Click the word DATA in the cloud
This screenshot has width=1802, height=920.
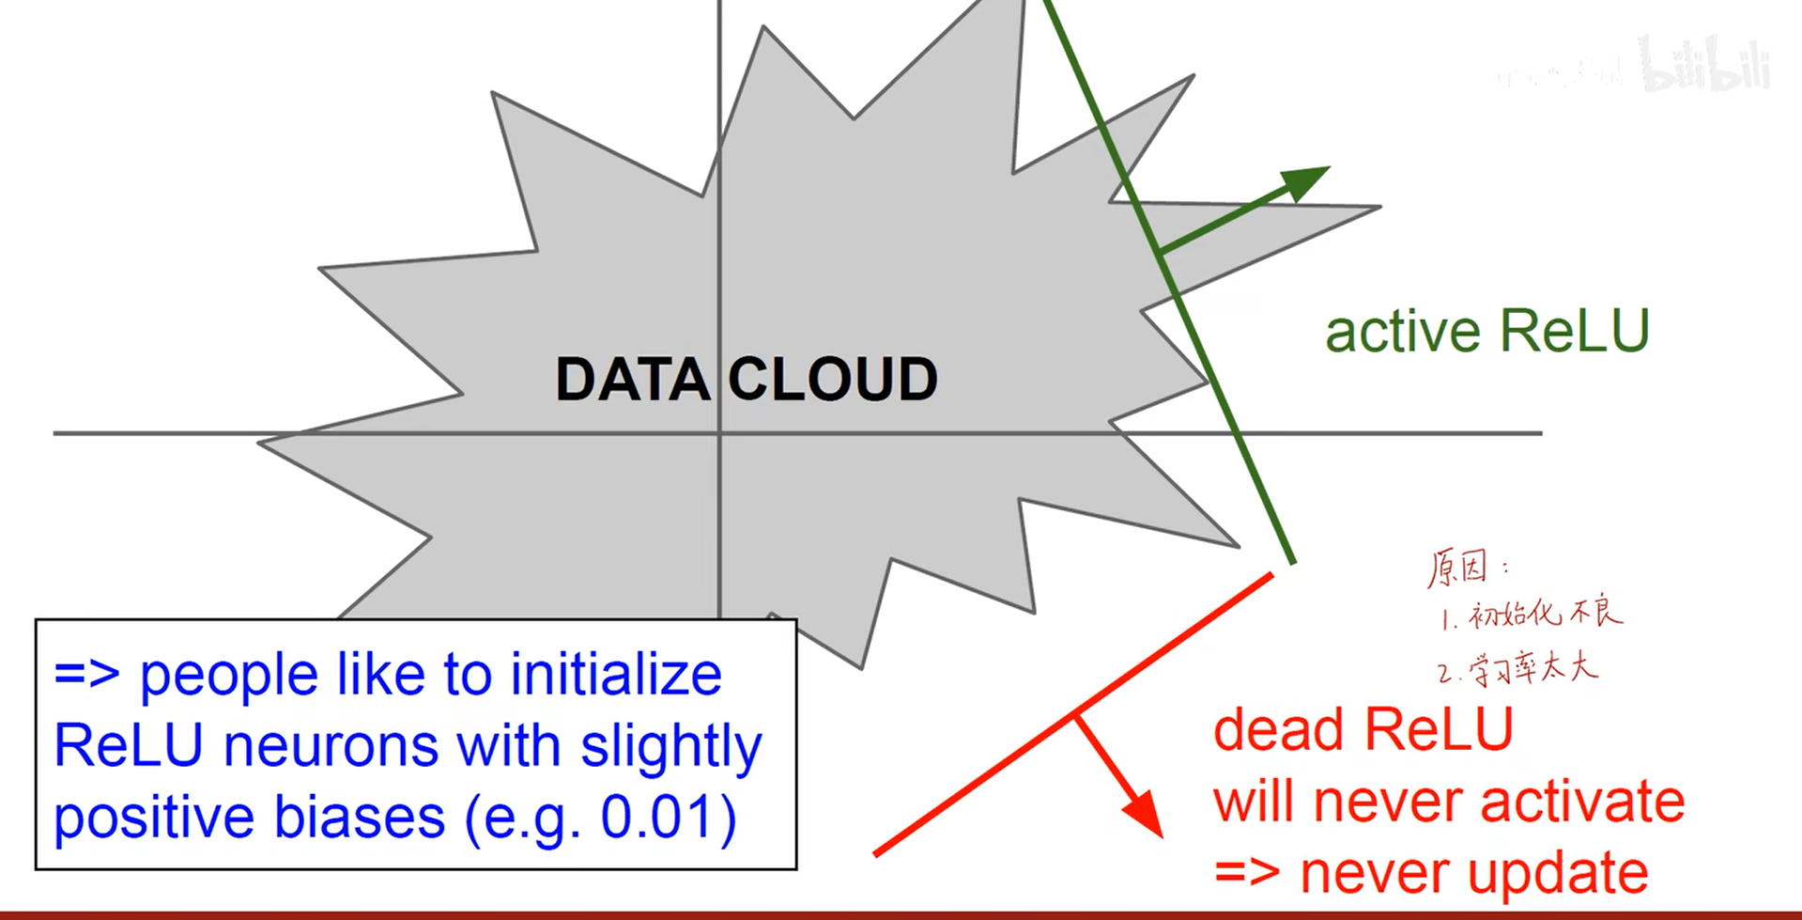click(x=632, y=380)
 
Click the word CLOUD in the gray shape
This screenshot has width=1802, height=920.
click(x=833, y=380)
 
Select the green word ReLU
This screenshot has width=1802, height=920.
click(x=1574, y=331)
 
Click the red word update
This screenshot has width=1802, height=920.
click(x=1558, y=875)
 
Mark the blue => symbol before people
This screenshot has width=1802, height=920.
click(x=86, y=675)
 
